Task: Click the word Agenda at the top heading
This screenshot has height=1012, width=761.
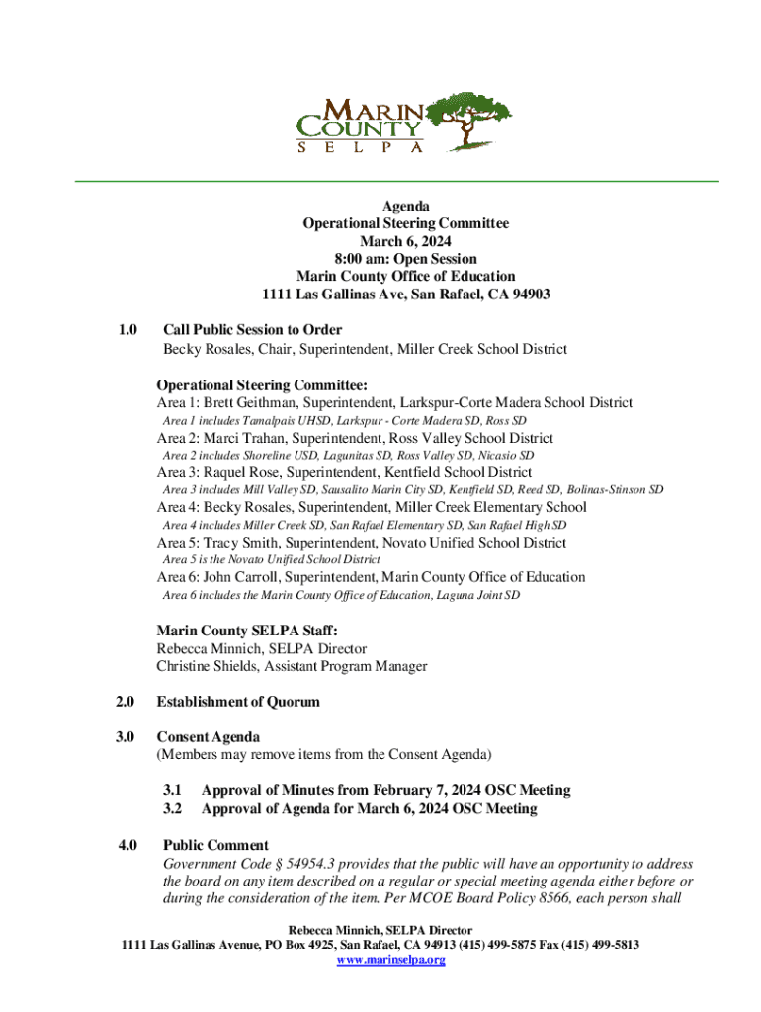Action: pyautogui.click(x=405, y=207)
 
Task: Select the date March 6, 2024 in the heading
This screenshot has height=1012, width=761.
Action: pyautogui.click(x=405, y=242)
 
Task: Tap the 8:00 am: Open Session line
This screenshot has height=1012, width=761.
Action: pyautogui.click(x=405, y=260)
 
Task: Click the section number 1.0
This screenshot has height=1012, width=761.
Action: pyautogui.click(x=126, y=330)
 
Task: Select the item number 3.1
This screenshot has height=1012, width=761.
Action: pyautogui.click(x=173, y=791)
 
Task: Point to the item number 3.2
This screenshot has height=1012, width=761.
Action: pyautogui.click(x=173, y=809)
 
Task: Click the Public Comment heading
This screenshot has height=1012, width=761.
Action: pyautogui.click(x=215, y=846)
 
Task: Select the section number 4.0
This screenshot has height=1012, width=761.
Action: pyautogui.click(x=126, y=846)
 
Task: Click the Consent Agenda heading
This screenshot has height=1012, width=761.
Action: pyautogui.click(x=209, y=737)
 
